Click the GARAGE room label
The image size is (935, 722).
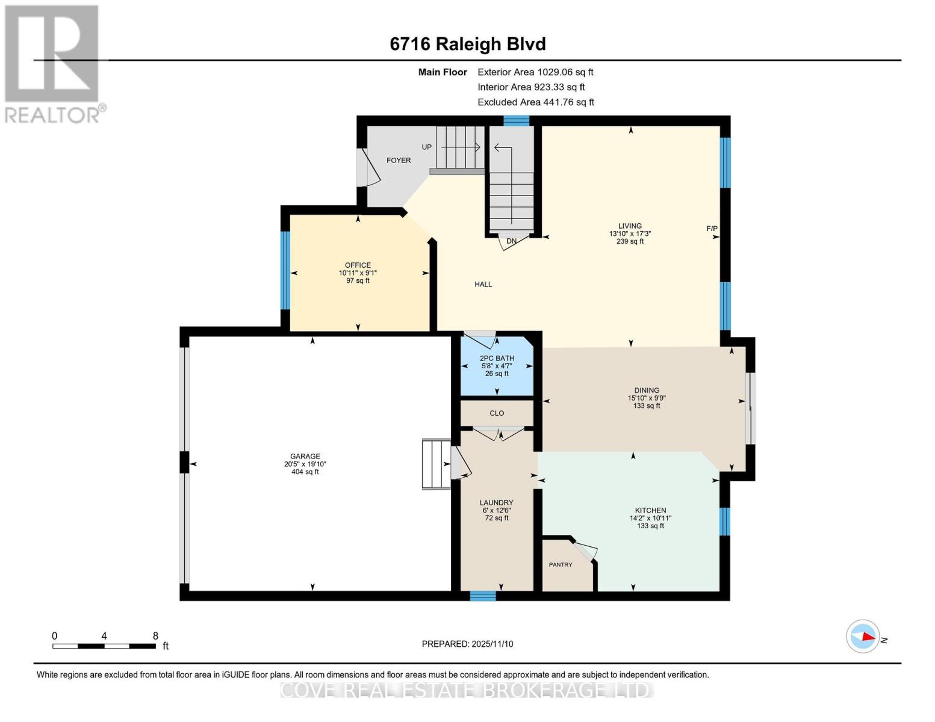click(x=305, y=456)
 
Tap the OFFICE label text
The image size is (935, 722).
click(x=358, y=265)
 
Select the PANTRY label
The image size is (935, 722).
click(x=561, y=564)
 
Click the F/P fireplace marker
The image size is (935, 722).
click(x=712, y=229)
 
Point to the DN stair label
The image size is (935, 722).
click(x=512, y=241)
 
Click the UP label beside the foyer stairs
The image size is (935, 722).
click(x=427, y=147)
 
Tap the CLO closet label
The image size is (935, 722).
click(x=497, y=413)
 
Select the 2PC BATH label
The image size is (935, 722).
click(x=497, y=359)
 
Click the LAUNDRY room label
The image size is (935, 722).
click(x=497, y=503)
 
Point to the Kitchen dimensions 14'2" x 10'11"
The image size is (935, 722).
click(x=650, y=518)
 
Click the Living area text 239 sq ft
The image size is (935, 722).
click(x=630, y=241)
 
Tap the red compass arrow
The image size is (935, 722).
click(x=867, y=636)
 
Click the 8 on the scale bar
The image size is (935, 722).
click(x=155, y=636)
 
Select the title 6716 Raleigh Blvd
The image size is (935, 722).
click(x=468, y=44)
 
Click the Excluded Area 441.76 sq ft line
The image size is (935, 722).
click(x=536, y=102)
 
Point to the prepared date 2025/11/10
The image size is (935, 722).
click(x=467, y=644)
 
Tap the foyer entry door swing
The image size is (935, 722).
click(x=368, y=168)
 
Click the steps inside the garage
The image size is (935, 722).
click(x=436, y=464)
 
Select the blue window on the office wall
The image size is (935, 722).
click(x=285, y=270)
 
